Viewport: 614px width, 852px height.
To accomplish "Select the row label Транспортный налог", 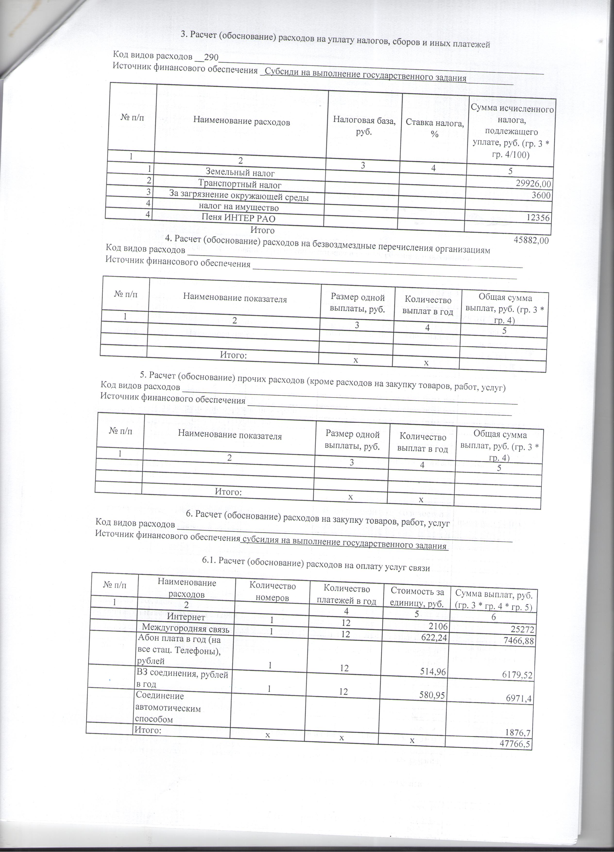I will (x=239, y=184).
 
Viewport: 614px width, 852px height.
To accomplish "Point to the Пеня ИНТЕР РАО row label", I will (x=239, y=218).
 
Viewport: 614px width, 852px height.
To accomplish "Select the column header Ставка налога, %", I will (x=435, y=128).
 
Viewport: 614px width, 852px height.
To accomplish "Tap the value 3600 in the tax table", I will (x=541, y=195).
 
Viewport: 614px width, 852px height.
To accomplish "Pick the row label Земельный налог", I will (x=240, y=173).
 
